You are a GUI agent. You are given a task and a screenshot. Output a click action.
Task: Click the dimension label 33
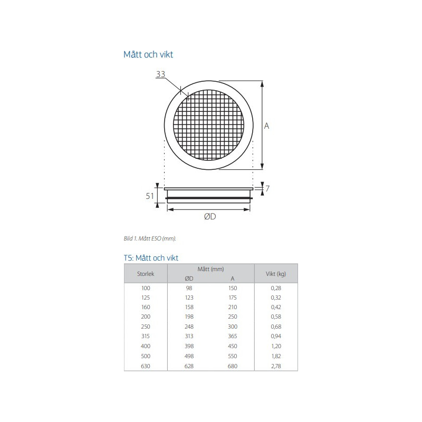point(161,74)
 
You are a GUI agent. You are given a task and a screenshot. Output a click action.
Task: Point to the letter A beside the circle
point(266,126)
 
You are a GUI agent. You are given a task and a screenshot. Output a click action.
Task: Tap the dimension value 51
point(150,196)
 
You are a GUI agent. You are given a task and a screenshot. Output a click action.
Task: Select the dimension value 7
point(267,188)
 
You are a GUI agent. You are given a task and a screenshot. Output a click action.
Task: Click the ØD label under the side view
point(210,216)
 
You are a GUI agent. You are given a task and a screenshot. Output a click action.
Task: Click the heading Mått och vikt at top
point(148,54)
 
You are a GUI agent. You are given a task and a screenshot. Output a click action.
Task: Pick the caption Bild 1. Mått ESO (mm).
point(150,238)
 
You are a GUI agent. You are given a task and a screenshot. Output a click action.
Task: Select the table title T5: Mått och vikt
point(151,258)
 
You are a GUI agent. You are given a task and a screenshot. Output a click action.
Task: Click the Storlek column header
point(146,274)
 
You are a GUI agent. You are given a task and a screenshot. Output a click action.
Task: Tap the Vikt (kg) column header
point(276,274)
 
